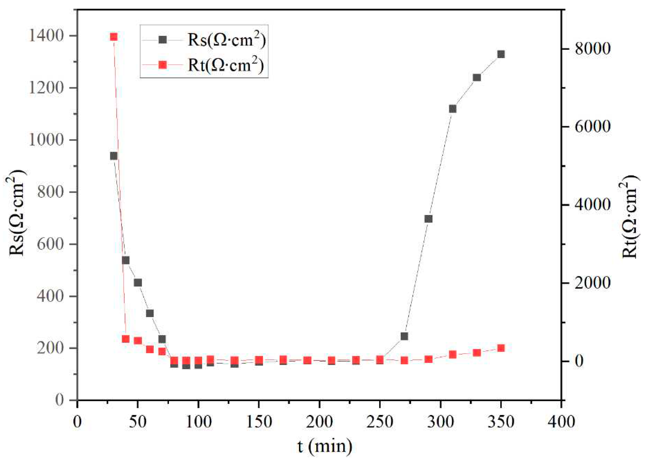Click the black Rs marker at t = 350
pos(501,54)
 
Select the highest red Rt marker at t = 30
pos(114,37)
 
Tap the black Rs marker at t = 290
pos(428,219)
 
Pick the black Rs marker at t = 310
pos(453,109)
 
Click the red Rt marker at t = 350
pos(501,348)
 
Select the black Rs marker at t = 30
pos(114,156)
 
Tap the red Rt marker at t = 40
pos(126,339)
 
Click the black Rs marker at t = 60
pos(150,313)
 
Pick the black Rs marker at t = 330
pos(477,77)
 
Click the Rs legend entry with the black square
pos(203,40)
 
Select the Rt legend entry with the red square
pos(203,65)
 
